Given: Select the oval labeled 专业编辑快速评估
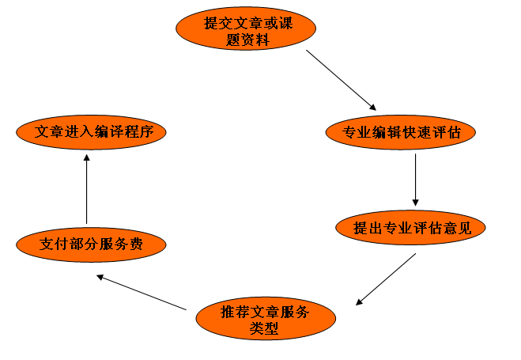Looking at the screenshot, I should [401, 132].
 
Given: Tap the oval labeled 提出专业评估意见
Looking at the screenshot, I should [412, 228].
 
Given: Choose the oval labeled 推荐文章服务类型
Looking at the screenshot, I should [265, 320].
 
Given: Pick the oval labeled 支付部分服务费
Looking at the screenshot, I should [92, 244].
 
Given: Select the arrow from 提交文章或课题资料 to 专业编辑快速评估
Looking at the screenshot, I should [341, 80].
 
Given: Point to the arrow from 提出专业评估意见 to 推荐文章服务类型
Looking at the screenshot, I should [387, 278].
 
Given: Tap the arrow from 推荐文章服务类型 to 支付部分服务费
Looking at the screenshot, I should [142, 292].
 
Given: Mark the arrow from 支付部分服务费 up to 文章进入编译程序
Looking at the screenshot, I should [86, 189].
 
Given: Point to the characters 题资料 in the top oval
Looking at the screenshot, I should [246, 40].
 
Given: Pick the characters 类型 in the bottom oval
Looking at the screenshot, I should [264, 328].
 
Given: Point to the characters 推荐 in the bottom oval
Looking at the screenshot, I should [233, 311].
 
